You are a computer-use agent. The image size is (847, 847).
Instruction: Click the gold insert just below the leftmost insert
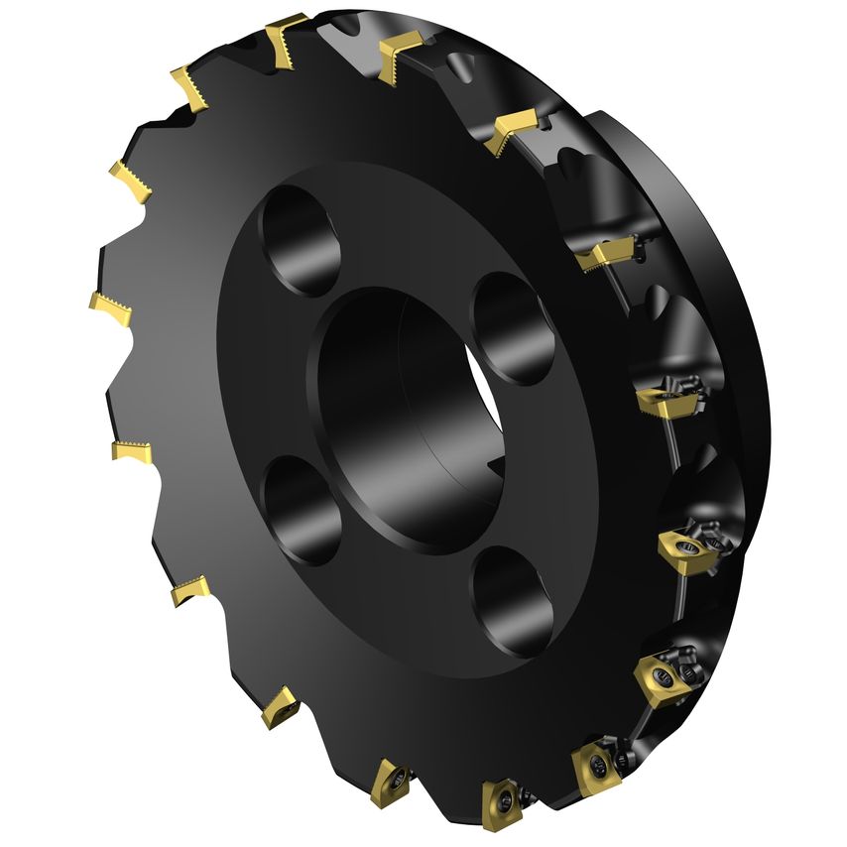(130, 452)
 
